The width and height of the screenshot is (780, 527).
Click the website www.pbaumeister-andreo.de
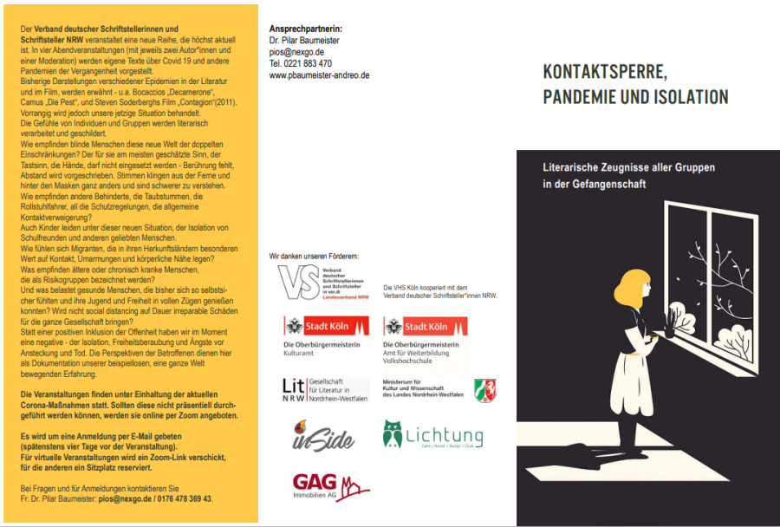coord(319,75)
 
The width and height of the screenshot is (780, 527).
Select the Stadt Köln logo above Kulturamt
coord(326,327)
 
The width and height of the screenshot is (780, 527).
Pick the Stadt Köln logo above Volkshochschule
coord(426,327)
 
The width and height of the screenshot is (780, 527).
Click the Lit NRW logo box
coord(295,389)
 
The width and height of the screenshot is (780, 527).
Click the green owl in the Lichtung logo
coord(393,433)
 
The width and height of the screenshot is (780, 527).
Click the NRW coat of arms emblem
coord(485,390)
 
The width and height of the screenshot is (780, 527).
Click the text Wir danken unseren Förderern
coord(314,257)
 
